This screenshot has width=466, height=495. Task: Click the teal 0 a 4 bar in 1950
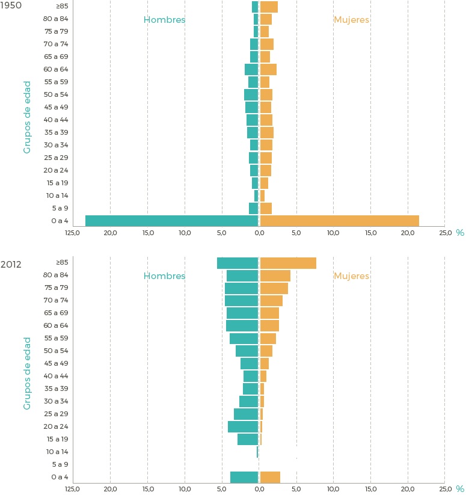click(171, 221)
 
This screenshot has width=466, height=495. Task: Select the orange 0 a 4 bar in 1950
click(339, 221)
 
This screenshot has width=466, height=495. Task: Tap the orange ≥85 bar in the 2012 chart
click(288, 263)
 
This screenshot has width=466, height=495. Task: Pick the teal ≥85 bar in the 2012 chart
click(238, 263)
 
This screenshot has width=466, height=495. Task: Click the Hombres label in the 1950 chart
click(164, 20)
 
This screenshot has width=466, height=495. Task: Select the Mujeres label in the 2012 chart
click(351, 276)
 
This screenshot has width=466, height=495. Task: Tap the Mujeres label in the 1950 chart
click(351, 20)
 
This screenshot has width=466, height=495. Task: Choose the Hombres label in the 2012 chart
click(164, 276)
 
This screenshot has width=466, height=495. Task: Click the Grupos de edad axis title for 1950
click(27, 117)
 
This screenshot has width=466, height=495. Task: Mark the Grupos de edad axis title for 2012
click(27, 373)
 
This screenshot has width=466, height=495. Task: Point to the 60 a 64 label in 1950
click(56, 69)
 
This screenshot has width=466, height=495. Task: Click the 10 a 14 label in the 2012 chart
click(57, 452)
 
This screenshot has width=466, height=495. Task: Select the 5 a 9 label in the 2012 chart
click(60, 464)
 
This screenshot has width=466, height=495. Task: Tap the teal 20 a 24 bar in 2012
click(243, 426)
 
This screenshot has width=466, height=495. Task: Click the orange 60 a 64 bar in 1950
click(268, 69)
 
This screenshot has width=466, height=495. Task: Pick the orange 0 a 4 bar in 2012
click(270, 477)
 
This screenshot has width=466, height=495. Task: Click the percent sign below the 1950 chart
click(460, 233)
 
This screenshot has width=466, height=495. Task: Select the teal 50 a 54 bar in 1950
click(251, 94)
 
